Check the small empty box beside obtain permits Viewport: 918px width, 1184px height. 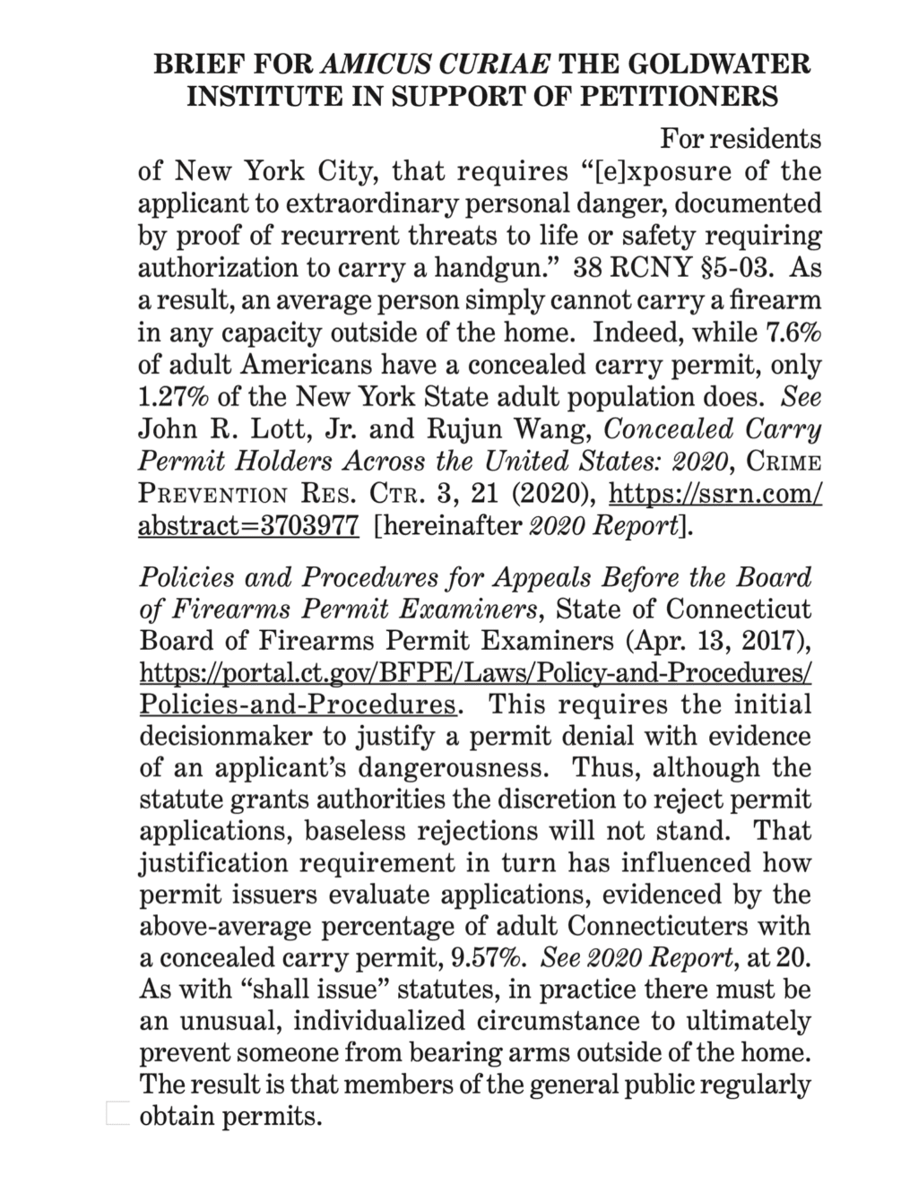click(118, 1113)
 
